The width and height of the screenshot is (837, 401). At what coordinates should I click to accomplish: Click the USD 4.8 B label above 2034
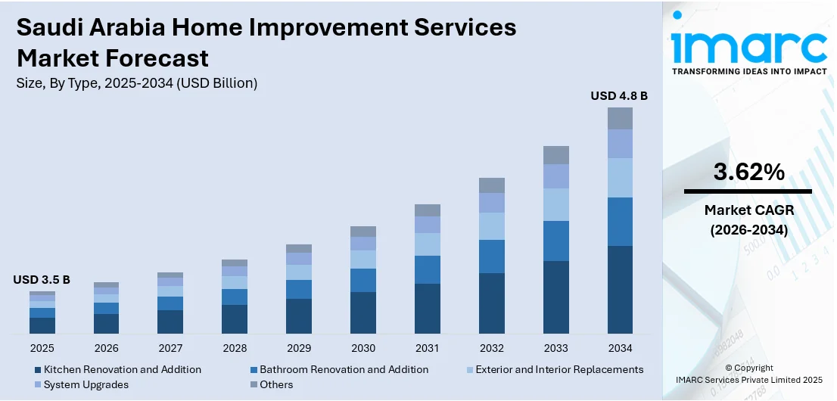(619, 96)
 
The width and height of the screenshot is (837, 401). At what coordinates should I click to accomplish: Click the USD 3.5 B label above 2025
(42, 280)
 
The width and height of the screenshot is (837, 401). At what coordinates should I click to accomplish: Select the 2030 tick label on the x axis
(363, 348)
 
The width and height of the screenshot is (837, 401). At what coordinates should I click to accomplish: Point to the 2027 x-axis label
(170, 348)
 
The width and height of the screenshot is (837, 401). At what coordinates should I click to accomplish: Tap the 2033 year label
(555, 348)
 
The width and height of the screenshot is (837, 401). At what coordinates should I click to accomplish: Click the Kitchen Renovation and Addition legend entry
(122, 370)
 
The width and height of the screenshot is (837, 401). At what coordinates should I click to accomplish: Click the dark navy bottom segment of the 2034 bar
(620, 290)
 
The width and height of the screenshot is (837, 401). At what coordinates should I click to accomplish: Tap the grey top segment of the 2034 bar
(620, 118)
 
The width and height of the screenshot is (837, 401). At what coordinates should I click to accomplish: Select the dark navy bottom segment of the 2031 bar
(428, 309)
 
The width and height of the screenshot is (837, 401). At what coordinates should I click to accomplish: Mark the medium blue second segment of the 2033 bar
(555, 241)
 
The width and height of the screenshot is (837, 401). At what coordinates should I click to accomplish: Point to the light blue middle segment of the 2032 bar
(491, 226)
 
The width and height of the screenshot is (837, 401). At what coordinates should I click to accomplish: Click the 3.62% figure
(748, 172)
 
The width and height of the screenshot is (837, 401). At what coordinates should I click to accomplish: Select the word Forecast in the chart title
(160, 58)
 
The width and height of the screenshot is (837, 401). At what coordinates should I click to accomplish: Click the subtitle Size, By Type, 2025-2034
(137, 83)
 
